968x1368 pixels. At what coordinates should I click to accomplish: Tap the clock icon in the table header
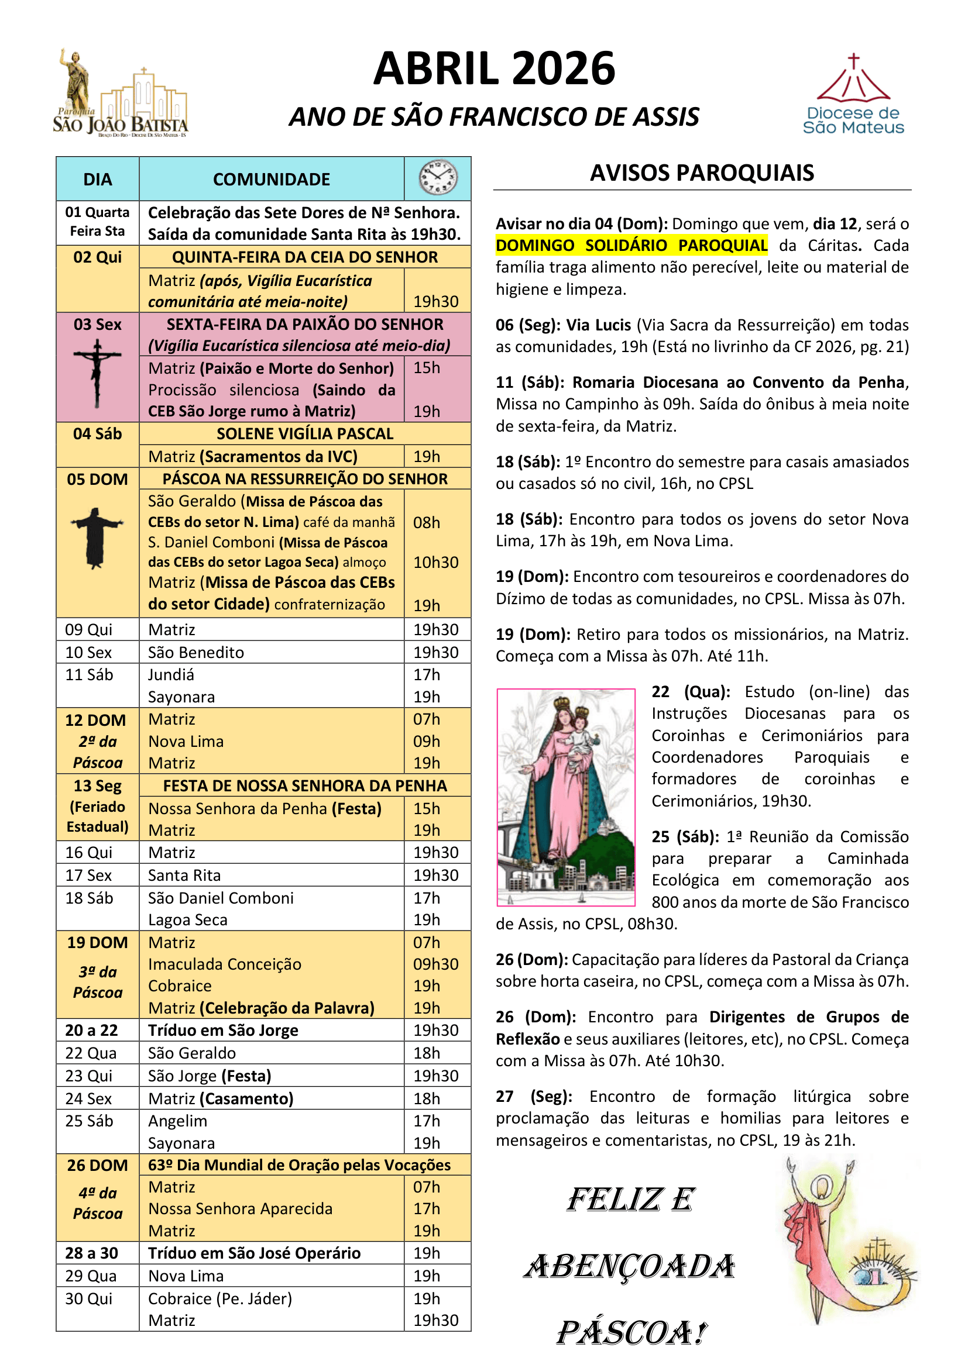point(438,178)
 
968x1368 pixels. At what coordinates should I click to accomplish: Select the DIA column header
point(97,180)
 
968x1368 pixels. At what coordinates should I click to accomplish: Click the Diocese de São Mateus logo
point(853,95)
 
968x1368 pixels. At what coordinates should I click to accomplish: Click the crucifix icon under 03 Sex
point(97,373)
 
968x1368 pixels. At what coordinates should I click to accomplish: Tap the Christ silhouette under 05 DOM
point(97,537)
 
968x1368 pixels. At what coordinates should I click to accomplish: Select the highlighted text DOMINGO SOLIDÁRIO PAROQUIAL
point(631,246)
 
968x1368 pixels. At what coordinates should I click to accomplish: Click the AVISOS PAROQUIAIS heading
point(702,173)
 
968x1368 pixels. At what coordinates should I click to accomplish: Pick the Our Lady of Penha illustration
point(566,797)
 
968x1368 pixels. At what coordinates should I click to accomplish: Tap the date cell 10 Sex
point(89,653)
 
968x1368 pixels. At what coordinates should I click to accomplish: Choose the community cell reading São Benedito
point(196,653)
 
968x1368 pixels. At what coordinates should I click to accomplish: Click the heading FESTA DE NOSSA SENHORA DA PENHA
point(304,786)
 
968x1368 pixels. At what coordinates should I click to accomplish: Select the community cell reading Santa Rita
point(184,876)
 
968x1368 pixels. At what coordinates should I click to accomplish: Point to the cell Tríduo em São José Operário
point(254,1253)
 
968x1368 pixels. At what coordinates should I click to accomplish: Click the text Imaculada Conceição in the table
point(225,964)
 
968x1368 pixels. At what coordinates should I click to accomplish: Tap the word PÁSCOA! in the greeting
point(631,1333)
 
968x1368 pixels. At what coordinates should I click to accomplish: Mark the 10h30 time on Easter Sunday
point(436,563)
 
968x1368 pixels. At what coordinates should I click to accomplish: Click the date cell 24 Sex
point(89,1098)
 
